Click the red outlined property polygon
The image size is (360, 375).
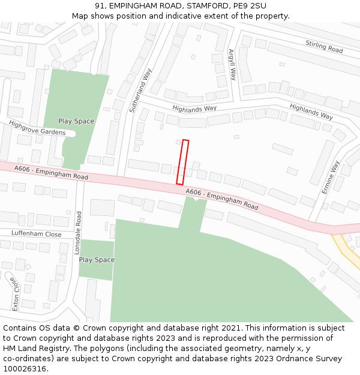click(182, 162)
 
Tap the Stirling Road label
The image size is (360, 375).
click(324, 47)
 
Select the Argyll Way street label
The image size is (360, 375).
click(232, 65)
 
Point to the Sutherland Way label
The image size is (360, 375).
click(141, 90)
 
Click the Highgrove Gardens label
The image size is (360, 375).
click(37, 128)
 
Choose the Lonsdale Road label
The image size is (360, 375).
click(77, 233)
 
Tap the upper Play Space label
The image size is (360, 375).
click(76, 121)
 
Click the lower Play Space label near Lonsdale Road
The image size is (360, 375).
click(97, 260)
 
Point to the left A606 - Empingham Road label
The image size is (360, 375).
click(51, 173)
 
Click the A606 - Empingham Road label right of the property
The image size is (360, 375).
click(222, 200)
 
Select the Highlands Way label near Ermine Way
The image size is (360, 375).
click(311, 112)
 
